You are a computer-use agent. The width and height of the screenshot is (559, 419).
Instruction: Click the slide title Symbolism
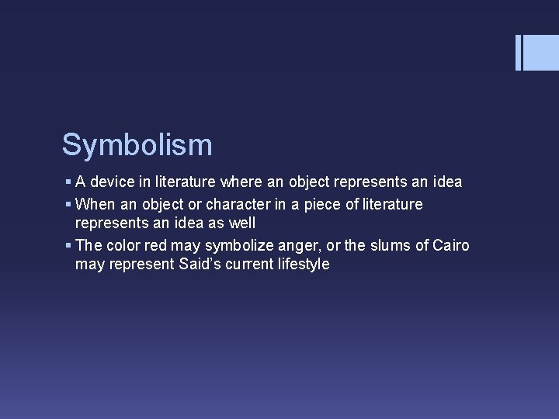click(137, 144)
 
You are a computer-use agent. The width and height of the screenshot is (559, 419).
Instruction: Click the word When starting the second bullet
click(94, 204)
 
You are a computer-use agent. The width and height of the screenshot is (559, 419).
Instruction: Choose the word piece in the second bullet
click(339, 204)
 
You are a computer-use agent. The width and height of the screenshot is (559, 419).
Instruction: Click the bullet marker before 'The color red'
click(68, 246)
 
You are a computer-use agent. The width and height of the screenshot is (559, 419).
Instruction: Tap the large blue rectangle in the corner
click(541, 52)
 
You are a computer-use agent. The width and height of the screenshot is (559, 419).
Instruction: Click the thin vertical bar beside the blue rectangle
click(518, 52)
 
